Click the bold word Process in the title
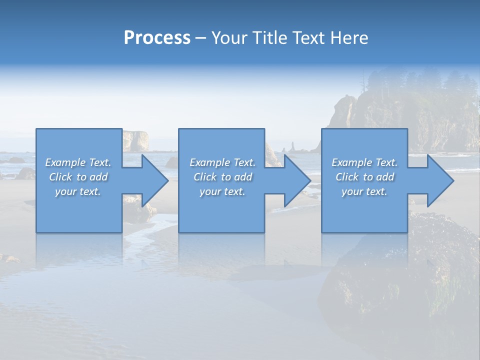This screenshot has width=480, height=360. (x=157, y=37)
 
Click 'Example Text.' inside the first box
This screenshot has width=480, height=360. (x=78, y=162)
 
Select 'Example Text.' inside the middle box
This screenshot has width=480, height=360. (x=222, y=162)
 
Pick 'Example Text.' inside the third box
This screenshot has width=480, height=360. (x=364, y=162)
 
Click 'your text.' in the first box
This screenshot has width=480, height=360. (x=78, y=191)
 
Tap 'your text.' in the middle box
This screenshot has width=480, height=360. (x=222, y=191)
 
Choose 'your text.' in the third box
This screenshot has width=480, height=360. (x=364, y=191)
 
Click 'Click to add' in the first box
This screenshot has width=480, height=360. (x=78, y=177)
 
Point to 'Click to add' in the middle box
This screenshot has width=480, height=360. (x=222, y=177)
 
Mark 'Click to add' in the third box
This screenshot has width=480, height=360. (x=364, y=177)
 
